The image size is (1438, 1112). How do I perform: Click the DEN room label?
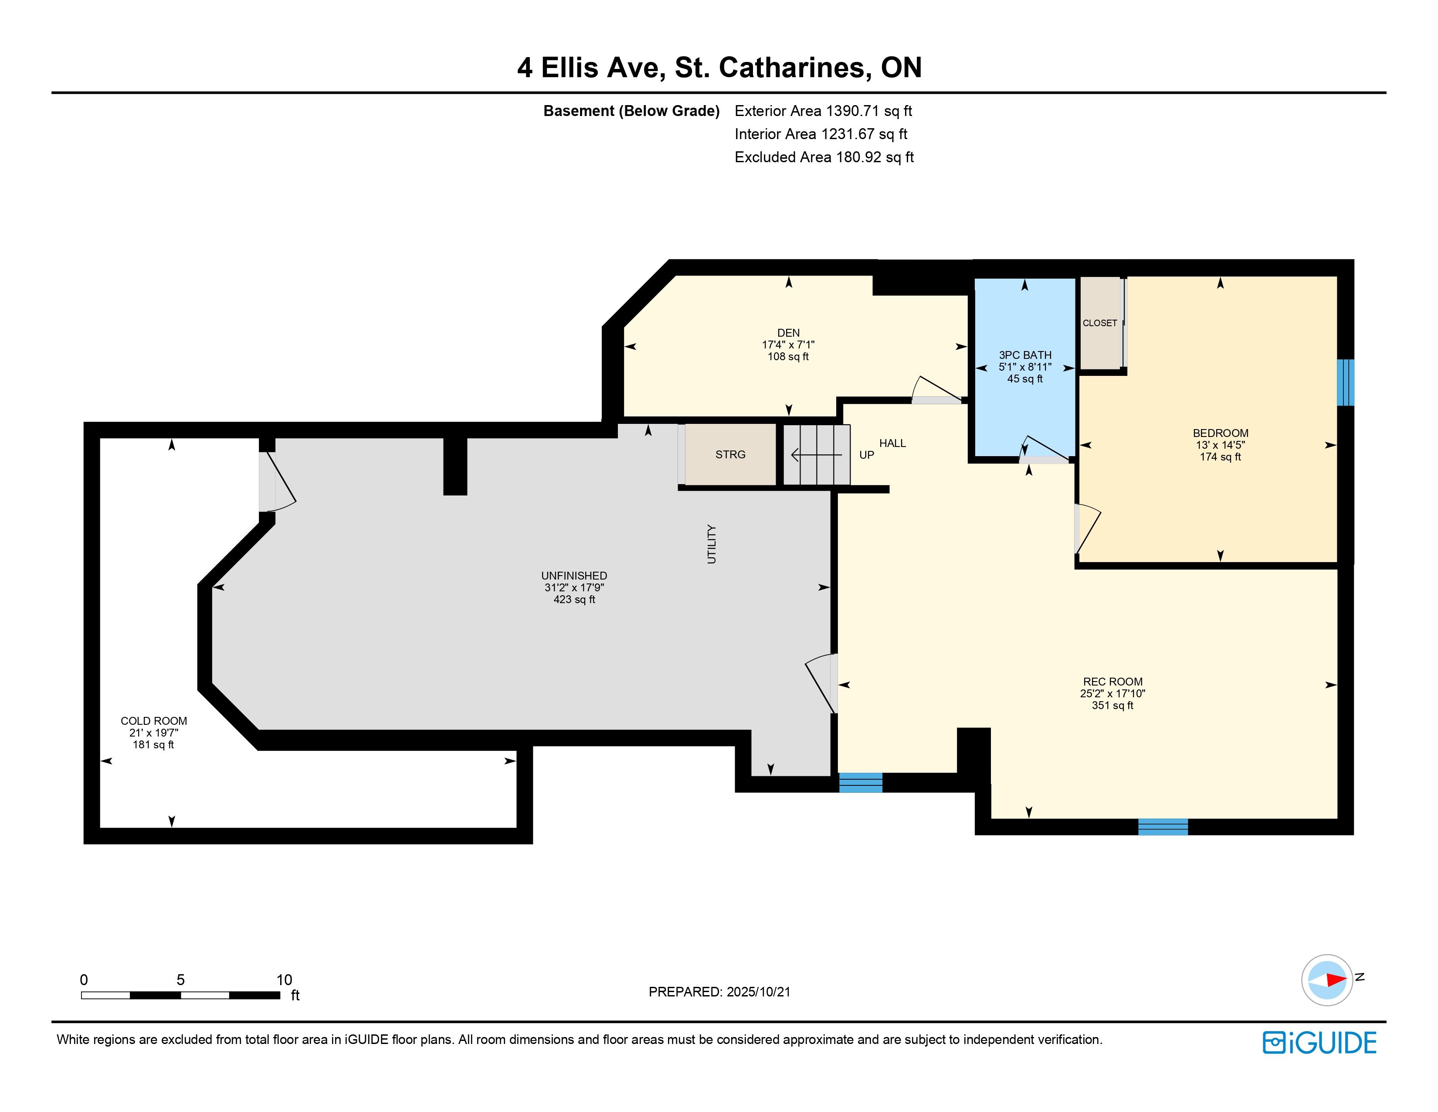tap(788, 333)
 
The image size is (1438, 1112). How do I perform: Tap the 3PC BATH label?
tap(1025, 355)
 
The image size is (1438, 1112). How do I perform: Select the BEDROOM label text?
tap(1221, 433)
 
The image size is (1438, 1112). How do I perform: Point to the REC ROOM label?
tap(1113, 682)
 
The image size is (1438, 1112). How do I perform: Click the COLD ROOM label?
tap(153, 721)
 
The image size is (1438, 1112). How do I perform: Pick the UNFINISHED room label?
tap(574, 576)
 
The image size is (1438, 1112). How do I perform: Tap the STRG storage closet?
tap(730, 454)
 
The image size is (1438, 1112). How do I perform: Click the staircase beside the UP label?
tap(817, 454)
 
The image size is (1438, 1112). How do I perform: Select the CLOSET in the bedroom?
tap(1100, 323)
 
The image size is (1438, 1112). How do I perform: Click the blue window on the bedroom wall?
tap(1346, 382)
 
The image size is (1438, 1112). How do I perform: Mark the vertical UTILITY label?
tap(711, 544)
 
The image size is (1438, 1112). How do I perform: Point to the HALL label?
tap(893, 443)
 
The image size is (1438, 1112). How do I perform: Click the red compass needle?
tap(1336, 979)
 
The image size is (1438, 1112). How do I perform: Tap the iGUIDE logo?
tap(1319, 1043)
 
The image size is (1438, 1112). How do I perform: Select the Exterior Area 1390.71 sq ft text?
tap(823, 111)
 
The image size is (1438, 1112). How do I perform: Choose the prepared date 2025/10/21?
tap(756, 992)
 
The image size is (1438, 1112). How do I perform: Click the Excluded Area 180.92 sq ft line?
tap(824, 157)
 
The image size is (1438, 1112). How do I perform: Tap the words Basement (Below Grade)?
tap(631, 111)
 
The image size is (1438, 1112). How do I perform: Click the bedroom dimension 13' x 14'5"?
tap(1221, 445)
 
